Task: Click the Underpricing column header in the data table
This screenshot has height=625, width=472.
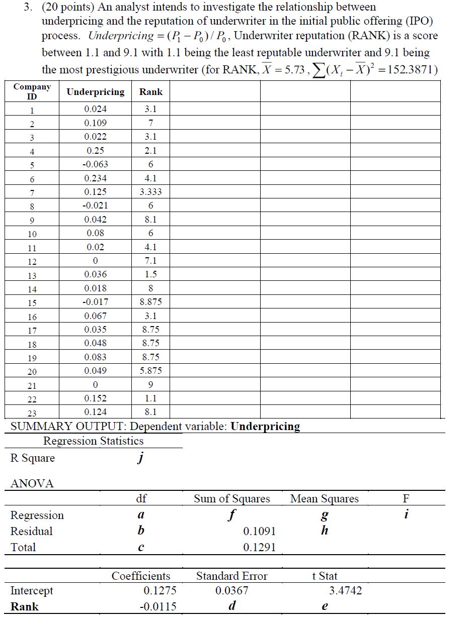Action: pos(95,92)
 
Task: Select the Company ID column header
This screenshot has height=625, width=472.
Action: pos(32,91)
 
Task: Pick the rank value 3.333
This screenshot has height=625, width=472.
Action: pos(151,192)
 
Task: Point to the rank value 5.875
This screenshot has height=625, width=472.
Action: pos(151,371)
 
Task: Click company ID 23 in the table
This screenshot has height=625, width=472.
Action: pos(32,412)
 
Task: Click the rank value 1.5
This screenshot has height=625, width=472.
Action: pos(151,274)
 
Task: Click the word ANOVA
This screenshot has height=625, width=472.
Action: pos(32,483)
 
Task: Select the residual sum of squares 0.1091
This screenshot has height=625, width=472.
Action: pos(259,531)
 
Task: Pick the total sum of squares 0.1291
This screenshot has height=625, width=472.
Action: pos(259,547)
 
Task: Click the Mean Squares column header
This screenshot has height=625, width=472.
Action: pos(325,499)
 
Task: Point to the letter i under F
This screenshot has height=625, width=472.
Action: pos(407,515)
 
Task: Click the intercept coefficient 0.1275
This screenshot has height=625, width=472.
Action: pos(160,591)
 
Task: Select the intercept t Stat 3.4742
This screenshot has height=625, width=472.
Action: pos(345,591)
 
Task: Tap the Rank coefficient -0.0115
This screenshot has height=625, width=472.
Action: pos(158,606)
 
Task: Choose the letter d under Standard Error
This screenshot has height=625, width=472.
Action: pos(232,606)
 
